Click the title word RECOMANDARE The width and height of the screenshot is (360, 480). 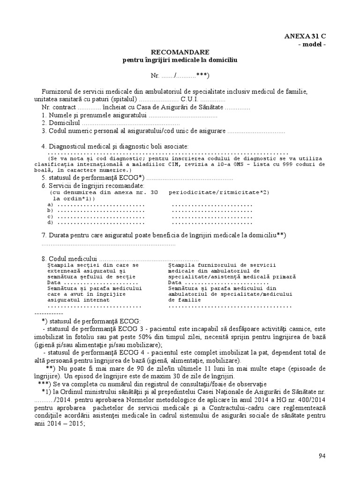[180, 52]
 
